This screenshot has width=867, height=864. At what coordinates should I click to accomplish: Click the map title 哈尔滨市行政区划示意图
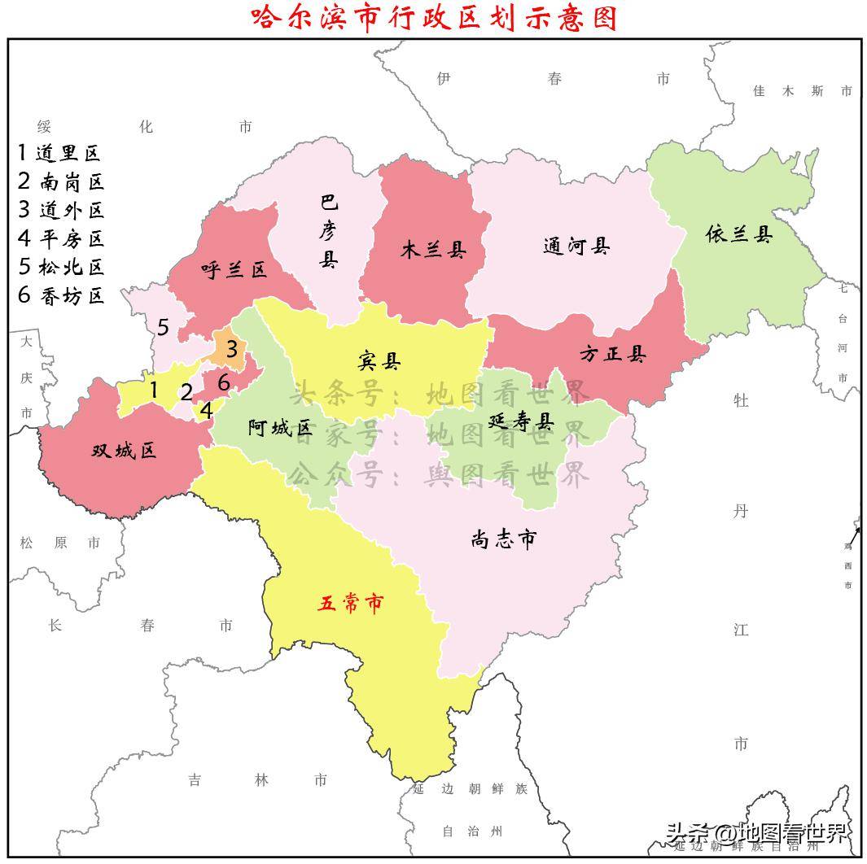434,17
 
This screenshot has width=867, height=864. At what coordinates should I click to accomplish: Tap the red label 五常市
350,604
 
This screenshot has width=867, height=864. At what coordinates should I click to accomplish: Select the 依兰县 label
739,235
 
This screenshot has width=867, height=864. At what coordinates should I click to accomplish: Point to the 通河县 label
576,246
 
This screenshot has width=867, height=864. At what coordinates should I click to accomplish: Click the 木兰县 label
433,249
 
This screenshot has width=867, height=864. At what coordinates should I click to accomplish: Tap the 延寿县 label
521,421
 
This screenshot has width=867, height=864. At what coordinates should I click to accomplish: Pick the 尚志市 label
504,539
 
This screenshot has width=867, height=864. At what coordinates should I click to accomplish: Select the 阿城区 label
280,428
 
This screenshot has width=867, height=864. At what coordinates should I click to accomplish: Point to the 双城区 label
124,450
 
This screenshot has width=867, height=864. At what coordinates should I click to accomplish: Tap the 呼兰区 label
234,270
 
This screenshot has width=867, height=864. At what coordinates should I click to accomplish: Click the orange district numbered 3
231,350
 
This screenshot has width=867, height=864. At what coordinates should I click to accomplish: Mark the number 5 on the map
163,327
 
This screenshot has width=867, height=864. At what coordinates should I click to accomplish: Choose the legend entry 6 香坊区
61,295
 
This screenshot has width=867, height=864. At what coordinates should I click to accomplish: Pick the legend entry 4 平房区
61,238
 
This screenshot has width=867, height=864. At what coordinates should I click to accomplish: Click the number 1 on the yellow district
153,390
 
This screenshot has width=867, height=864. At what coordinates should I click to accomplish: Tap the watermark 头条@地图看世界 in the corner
757,833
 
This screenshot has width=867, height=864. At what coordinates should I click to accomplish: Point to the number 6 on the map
224,381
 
